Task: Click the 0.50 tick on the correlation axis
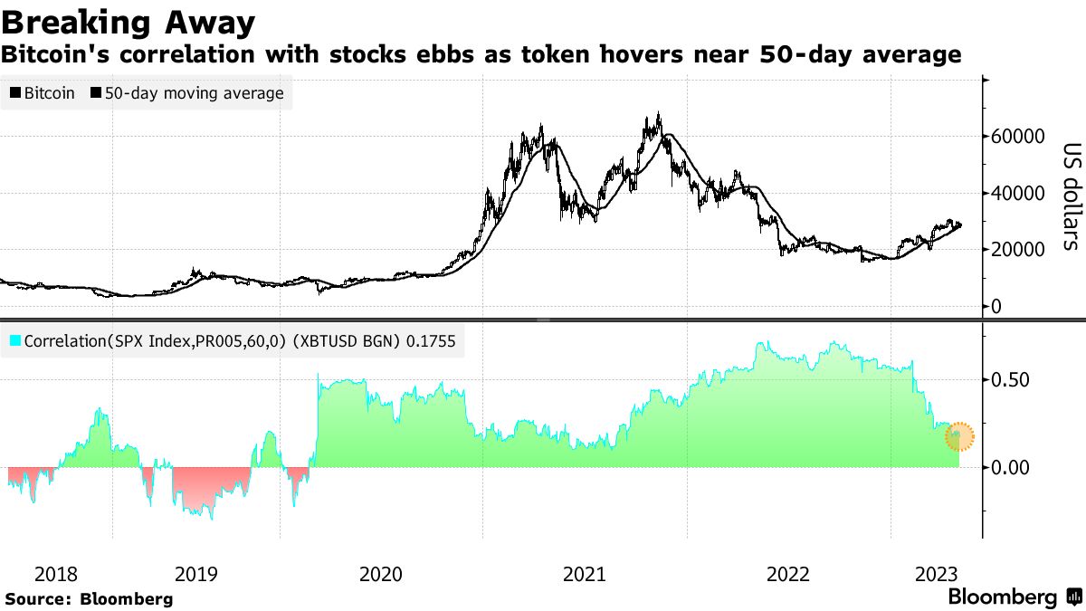1010,379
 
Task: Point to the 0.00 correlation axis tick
1010,468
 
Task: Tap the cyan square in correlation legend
15,342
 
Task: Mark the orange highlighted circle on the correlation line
960,436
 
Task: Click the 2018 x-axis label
56,574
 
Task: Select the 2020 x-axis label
381,574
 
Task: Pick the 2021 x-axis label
585,574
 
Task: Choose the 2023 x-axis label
937,574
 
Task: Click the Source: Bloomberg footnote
89,598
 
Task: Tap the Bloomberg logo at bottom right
1014,597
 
